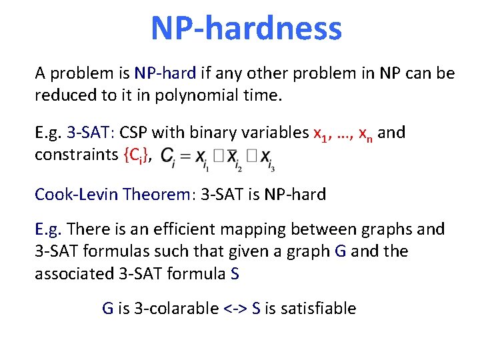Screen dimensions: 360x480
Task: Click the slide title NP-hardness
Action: pos(246,29)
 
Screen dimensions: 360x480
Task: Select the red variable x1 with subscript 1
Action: pos(321,134)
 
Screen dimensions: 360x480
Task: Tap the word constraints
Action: pos(77,155)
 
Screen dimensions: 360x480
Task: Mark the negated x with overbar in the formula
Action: pos(231,157)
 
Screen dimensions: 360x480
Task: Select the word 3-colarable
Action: pos(175,308)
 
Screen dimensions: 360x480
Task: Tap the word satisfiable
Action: pos(319,308)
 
